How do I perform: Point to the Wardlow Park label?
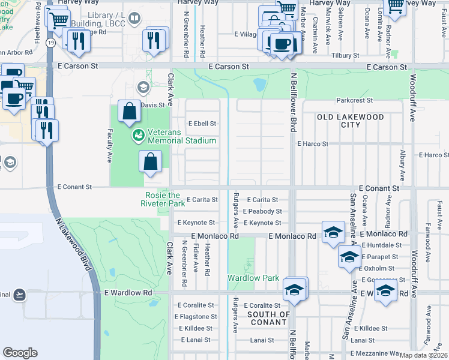click(x=253, y=278)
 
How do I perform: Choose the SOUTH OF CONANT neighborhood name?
click(x=269, y=319)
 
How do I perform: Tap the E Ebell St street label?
click(x=202, y=124)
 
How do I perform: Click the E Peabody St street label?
click(x=262, y=211)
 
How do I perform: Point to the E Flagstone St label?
click(x=196, y=316)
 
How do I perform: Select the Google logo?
click(x=20, y=352)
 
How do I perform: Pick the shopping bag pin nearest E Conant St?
click(x=151, y=163)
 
